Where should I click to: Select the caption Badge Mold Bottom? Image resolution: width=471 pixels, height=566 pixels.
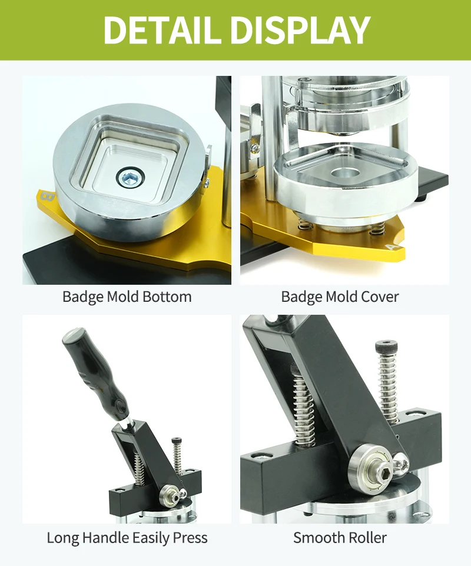click(x=127, y=297)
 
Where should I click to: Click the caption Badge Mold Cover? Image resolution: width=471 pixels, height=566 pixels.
click(x=340, y=297)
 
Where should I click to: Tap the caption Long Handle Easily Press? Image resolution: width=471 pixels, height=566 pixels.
click(x=127, y=537)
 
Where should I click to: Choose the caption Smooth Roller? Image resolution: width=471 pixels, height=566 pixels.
click(x=340, y=537)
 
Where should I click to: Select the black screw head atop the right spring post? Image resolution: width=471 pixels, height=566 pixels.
click(x=385, y=346)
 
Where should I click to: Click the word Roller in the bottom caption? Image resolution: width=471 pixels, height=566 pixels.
click(x=366, y=537)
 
